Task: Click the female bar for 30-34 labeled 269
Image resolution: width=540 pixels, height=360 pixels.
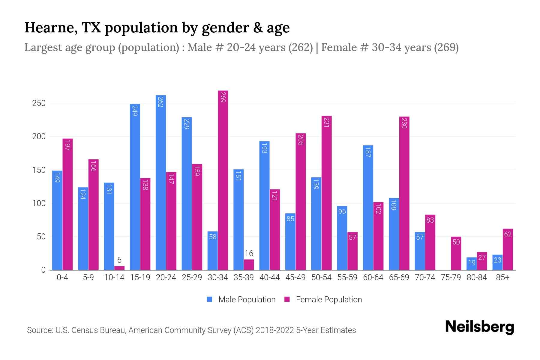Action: point(223,180)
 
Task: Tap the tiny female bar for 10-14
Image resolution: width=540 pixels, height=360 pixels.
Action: point(119,268)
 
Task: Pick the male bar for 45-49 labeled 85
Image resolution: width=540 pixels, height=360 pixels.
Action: point(290,241)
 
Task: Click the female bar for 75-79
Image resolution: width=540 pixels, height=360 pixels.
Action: point(456,253)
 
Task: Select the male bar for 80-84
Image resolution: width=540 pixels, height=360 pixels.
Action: point(471,264)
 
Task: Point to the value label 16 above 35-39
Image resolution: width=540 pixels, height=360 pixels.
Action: point(249,253)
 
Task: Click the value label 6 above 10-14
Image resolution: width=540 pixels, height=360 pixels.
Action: point(119,260)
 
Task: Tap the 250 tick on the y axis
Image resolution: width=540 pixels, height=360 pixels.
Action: point(39,103)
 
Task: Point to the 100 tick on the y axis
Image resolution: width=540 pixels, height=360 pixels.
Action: point(39,203)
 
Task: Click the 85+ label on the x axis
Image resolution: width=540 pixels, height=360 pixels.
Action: point(502,277)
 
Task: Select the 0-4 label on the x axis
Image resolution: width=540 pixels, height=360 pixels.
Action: point(62,277)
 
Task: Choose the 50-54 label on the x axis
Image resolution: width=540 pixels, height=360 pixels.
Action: point(321,277)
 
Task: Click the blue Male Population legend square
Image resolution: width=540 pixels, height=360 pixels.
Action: point(210,299)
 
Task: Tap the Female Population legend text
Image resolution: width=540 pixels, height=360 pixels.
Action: point(329,299)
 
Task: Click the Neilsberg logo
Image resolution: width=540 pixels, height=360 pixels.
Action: point(479,327)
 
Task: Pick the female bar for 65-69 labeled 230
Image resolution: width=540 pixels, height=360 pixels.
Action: point(404,193)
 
